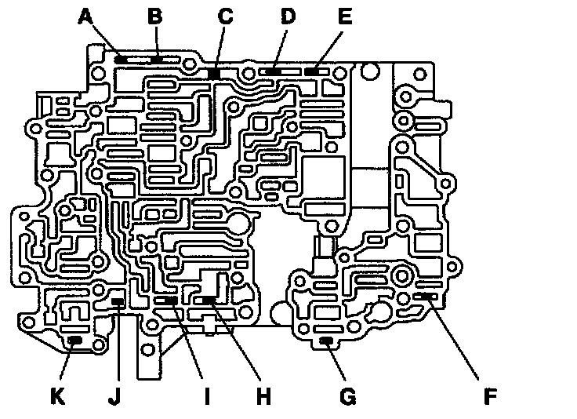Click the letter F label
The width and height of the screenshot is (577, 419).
[x=489, y=396]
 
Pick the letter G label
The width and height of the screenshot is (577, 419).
[x=347, y=396]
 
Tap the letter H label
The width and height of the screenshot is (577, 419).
[x=263, y=396]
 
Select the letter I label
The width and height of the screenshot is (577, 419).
[x=208, y=396]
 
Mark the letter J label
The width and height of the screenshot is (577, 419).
[x=115, y=396]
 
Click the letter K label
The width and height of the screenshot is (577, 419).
[x=56, y=396]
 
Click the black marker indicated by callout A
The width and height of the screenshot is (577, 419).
[x=122, y=59]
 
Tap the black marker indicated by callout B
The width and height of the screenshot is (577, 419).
[x=158, y=58]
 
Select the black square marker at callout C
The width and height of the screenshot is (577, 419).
[x=213, y=73]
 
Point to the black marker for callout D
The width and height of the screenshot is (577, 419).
[x=274, y=71]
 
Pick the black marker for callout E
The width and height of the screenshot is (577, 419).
[x=312, y=71]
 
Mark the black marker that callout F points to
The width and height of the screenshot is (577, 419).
[x=427, y=296]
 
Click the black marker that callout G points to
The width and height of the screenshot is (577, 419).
[x=327, y=340]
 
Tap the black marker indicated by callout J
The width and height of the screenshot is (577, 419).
[x=118, y=301]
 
